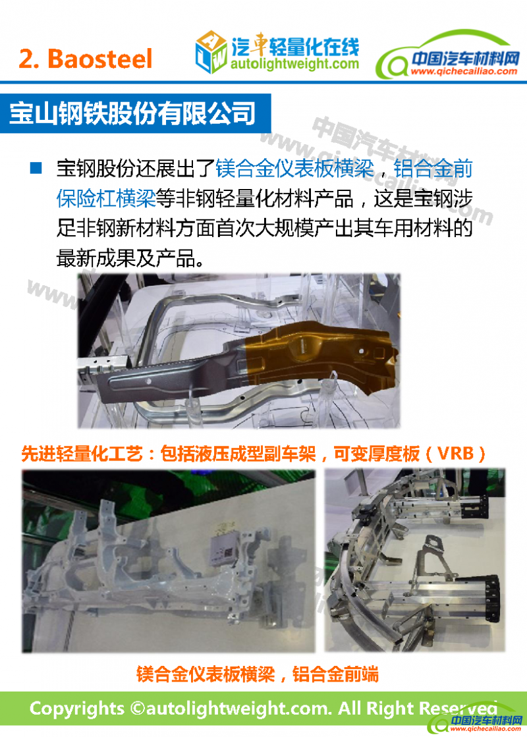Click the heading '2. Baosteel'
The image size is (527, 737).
tap(86, 59)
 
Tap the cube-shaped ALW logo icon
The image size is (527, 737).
tap(211, 51)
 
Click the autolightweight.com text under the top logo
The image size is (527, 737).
tap(294, 63)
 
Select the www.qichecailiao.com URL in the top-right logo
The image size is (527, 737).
tap(464, 71)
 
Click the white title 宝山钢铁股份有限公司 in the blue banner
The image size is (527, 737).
tap(132, 113)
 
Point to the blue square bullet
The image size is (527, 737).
tap(36, 168)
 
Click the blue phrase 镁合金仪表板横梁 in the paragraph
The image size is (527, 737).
tap(294, 168)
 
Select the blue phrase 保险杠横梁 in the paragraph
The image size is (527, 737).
tap(106, 198)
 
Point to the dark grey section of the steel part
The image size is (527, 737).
tap(174, 376)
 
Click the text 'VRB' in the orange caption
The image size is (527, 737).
tap(456, 453)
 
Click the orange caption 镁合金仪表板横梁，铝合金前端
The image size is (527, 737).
tap(258, 674)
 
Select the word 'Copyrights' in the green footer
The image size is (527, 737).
tap(76, 709)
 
